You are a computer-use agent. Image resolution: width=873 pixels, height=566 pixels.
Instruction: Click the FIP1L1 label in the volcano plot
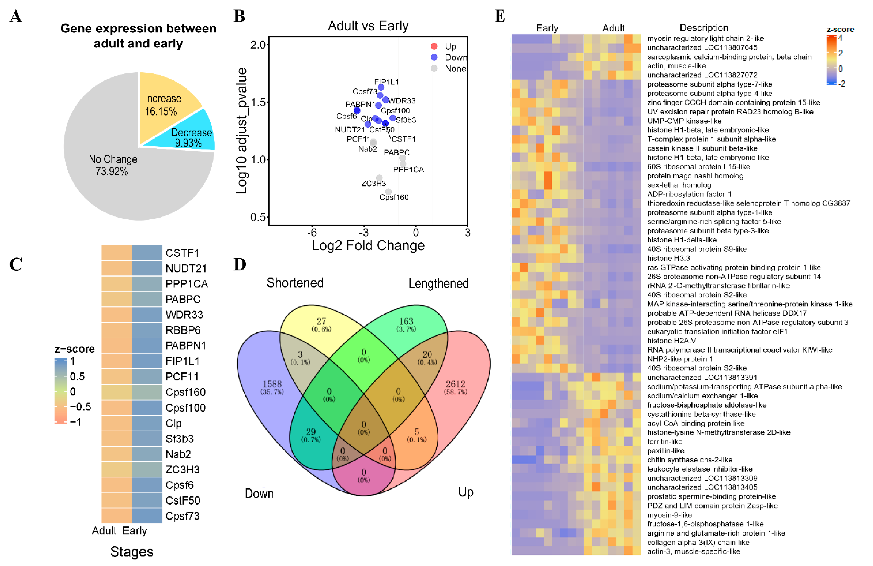(x=386, y=82)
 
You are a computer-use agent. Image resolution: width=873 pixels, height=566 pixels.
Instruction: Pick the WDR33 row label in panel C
(x=184, y=315)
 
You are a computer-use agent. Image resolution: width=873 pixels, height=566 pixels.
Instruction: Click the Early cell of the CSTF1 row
(x=147, y=253)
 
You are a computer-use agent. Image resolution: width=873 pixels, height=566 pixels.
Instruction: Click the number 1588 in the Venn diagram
(x=272, y=384)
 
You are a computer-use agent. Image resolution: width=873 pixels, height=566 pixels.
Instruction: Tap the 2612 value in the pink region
(x=455, y=384)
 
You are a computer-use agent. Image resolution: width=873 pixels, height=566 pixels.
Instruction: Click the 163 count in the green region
(x=406, y=321)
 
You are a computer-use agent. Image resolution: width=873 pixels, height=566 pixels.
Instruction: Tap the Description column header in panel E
(x=704, y=28)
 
